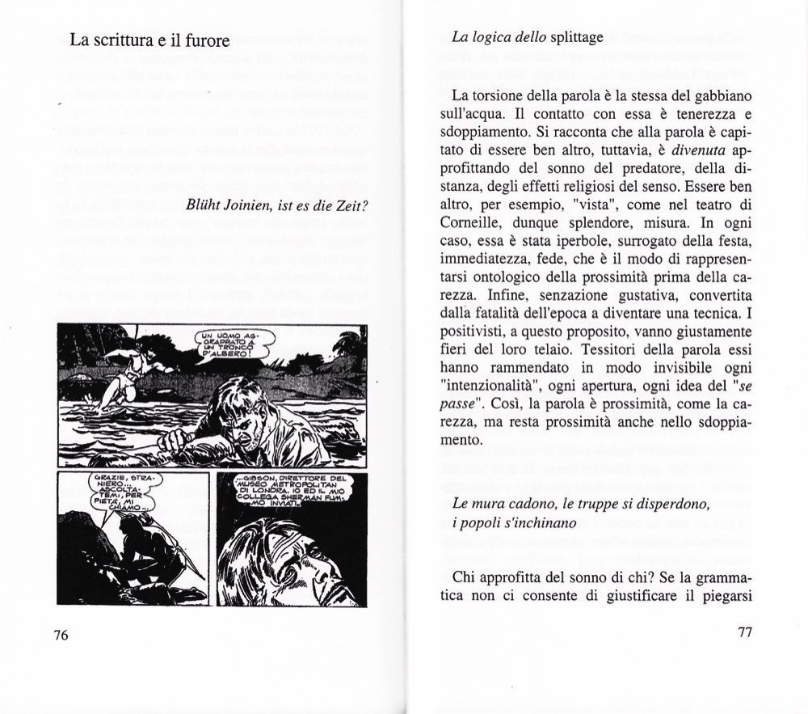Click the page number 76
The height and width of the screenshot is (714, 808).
point(61,635)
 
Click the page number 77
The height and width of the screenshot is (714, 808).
point(745,632)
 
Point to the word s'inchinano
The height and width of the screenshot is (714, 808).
point(539,523)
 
